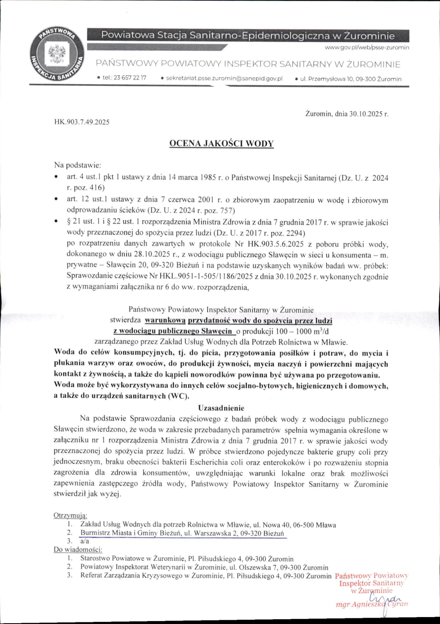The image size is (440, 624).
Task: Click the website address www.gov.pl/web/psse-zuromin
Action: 367,47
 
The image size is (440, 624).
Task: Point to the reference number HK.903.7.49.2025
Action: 82,122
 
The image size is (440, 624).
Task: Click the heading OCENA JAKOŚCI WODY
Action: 222,144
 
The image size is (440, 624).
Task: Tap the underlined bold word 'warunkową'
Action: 165,320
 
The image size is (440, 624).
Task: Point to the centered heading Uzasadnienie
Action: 221,408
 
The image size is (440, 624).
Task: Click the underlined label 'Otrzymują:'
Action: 70,515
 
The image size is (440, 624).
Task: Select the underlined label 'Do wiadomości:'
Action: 78,549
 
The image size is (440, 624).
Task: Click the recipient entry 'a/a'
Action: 84,541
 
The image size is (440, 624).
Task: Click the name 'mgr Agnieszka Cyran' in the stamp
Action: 371,604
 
